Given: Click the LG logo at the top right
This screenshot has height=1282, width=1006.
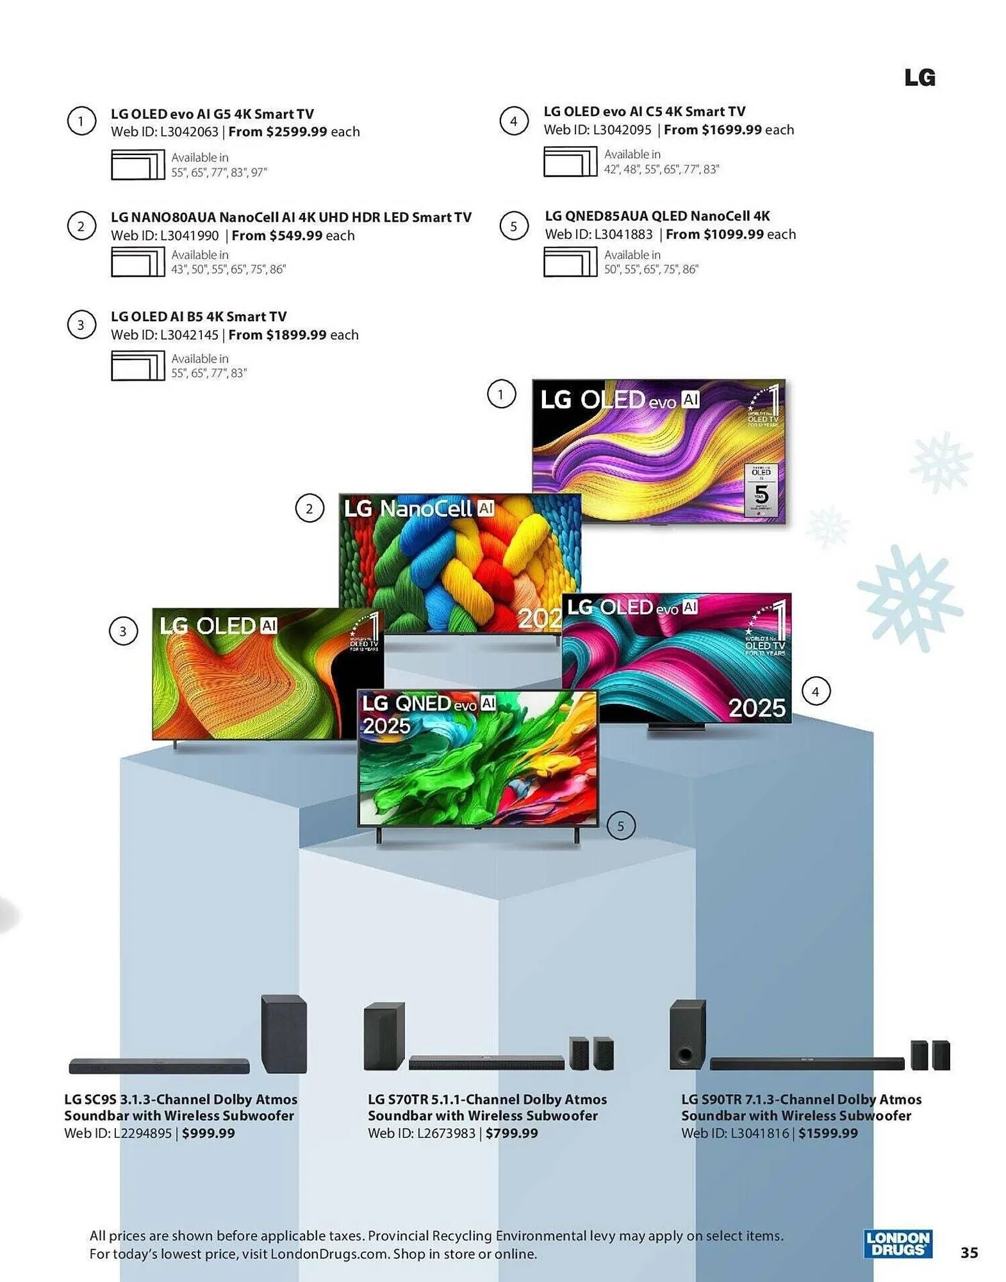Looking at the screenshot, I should click(919, 78).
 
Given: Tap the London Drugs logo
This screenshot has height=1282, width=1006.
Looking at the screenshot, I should click(897, 1243).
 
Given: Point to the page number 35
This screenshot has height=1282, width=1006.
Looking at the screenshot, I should click(969, 1252).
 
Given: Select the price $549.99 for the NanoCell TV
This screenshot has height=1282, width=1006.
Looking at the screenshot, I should click(295, 236).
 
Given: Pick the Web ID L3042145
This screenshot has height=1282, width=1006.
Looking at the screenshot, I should click(189, 335).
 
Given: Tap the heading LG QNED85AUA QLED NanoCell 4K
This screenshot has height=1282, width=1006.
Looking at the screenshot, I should click(657, 216).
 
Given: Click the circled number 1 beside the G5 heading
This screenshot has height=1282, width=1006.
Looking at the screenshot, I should click(81, 121).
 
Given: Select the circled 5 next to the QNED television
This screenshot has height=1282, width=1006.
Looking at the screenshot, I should click(620, 826).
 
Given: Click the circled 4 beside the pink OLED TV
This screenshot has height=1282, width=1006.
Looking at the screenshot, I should click(815, 692).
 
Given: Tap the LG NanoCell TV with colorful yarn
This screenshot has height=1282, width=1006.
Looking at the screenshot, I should click(459, 561).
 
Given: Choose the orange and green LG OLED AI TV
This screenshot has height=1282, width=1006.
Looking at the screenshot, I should click(256, 673).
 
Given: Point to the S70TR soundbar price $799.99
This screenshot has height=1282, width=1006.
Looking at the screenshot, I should click(511, 1133).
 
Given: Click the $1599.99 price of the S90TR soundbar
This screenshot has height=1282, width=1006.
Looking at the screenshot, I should click(828, 1133).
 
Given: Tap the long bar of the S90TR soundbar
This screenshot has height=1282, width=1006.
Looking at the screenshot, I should click(806, 1064).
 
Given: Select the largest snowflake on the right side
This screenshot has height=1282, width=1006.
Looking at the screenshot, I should click(909, 598).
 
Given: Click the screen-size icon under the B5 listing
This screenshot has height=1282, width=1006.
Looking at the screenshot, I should click(138, 365).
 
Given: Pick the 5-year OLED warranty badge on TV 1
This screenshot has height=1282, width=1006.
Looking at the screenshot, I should click(761, 490).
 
